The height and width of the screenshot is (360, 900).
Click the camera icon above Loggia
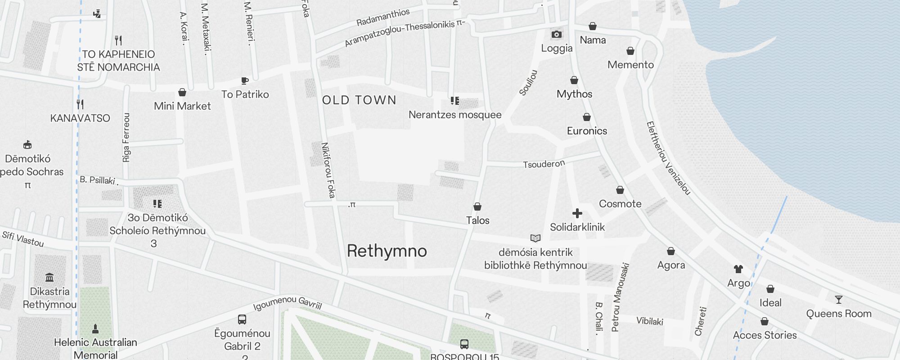click(557, 35)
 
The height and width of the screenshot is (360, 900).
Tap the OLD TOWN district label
click(359, 100)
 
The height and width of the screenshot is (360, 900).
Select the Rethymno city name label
click(387, 251)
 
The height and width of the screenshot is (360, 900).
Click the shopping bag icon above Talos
click(477, 207)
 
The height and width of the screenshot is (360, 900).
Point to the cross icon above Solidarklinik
click(577, 213)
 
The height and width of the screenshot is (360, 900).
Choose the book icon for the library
click(535, 238)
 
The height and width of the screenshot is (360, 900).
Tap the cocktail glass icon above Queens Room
click(838, 300)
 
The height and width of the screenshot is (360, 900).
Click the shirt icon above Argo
click(738, 269)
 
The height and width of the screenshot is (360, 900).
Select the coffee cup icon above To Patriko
click(245, 81)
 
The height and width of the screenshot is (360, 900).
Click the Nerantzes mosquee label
click(455, 115)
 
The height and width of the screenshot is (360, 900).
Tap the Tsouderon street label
click(544, 164)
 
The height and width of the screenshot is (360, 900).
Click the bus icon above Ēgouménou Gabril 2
click(242, 319)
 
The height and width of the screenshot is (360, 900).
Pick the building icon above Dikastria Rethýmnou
click(49, 277)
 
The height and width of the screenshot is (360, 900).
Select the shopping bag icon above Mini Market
click(182, 92)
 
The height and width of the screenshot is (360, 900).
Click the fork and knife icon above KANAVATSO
click(80, 104)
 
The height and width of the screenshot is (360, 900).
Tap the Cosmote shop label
click(620, 204)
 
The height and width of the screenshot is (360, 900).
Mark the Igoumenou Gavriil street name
click(288, 303)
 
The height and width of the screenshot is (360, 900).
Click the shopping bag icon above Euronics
click(587, 117)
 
